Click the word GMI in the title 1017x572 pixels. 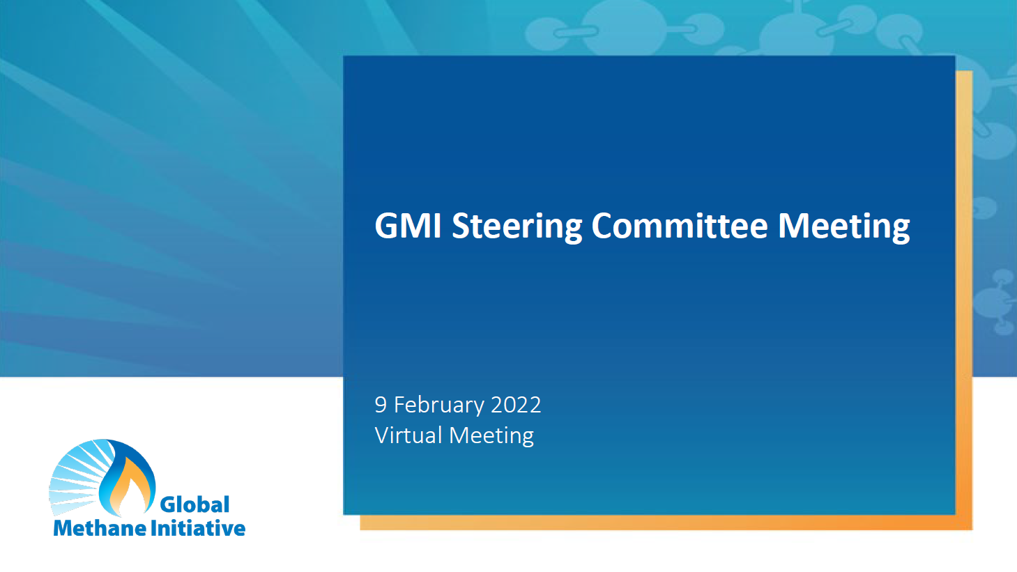(408, 226)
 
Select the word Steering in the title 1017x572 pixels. (517, 228)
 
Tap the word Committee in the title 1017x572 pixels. (679, 225)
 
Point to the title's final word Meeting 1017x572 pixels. (844, 228)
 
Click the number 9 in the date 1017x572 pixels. (381, 405)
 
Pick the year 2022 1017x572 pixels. (516, 405)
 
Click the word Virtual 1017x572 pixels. (408, 435)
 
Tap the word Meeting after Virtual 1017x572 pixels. (491, 437)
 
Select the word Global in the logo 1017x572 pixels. (194, 504)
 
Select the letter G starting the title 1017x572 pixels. (386, 226)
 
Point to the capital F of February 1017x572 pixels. (399, 405)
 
